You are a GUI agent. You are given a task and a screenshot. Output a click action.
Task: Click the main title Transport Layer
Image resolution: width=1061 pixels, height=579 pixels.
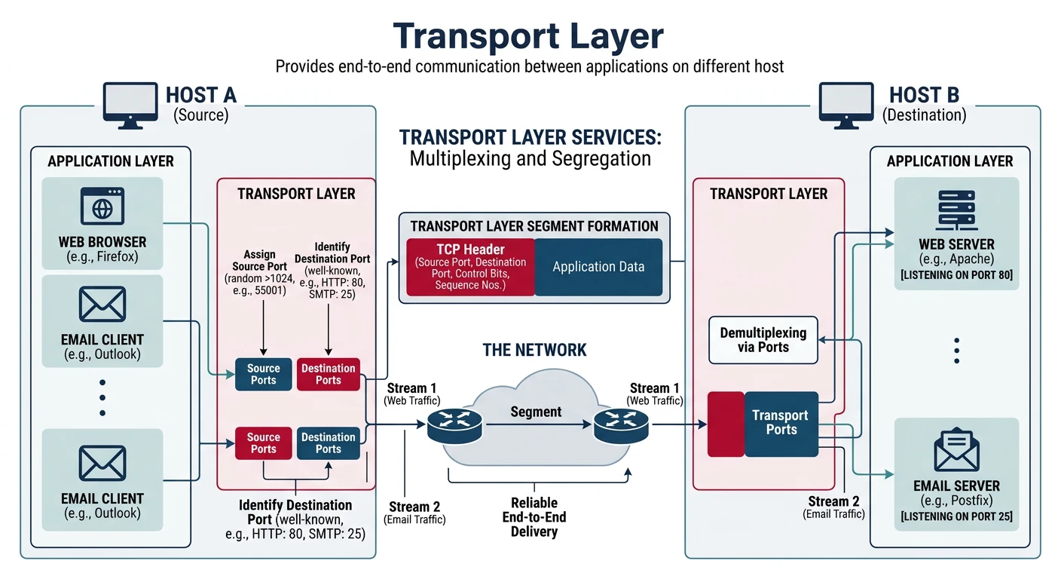pos(528,35)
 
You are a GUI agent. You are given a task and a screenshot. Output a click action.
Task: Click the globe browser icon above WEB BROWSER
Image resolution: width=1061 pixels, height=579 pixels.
pos(102,207)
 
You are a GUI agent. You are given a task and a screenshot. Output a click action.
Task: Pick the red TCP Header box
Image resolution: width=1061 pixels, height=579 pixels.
pos(470,267)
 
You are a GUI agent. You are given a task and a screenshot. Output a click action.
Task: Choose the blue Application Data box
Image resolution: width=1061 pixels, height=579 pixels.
pos(598,267)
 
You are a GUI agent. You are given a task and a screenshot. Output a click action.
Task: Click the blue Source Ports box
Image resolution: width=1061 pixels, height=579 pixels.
pos(263,374)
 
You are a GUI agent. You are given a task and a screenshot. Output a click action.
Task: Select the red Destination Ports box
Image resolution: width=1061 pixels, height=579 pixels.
pos(328,374)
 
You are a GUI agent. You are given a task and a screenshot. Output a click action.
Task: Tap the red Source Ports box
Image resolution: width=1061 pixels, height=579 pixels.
pos(263,443)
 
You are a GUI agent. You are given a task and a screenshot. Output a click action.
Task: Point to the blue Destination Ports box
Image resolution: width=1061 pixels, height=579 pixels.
pos(328,443)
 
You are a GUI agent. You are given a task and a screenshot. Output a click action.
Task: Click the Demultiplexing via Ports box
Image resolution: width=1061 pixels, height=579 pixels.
pos(763,340)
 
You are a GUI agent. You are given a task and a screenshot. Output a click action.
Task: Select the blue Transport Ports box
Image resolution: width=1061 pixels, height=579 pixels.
pos(781,423)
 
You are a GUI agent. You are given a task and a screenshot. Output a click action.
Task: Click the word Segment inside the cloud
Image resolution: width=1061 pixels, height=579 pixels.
pos(536,412)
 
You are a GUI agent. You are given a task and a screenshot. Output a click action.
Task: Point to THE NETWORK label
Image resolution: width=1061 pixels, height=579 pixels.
pos(534,350)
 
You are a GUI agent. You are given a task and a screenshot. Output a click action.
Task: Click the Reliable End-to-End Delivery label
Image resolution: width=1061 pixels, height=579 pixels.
pos(534,517)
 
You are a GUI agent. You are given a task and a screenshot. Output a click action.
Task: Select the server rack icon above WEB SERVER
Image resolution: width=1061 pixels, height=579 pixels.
pos(956,209)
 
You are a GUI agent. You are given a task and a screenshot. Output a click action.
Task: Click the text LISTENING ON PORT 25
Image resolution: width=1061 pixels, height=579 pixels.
pos(956,517)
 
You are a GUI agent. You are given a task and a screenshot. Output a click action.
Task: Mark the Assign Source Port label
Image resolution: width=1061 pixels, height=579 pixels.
pos(260,260)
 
